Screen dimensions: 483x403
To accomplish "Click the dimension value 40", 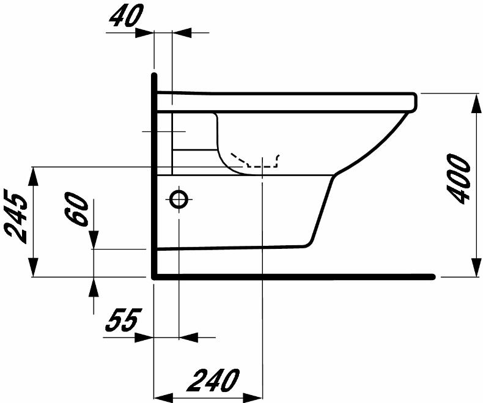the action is (127, 15).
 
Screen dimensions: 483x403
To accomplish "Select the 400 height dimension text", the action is (460, 179).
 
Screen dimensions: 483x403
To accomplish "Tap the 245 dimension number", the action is (16, 218).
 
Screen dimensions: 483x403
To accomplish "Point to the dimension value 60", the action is (76, 210).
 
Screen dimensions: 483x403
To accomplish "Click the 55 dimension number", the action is (124, 320).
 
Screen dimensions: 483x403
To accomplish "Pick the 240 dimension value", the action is (215, 380).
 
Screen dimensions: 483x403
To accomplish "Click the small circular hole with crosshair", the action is (179, 199).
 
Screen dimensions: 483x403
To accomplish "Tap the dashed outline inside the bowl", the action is (255, 160).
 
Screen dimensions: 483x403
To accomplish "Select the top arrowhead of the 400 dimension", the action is (476, 103).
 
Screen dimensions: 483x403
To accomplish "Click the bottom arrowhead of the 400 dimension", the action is (476, 267).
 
